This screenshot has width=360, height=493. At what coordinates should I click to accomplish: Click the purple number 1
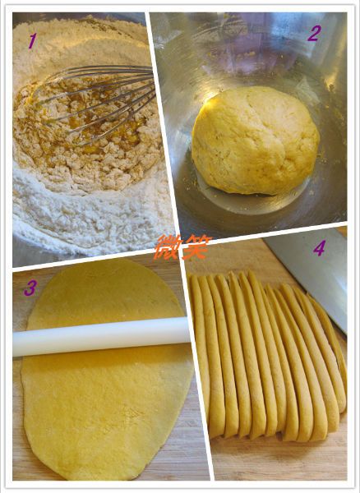pyautogui.click(x=33, y=41)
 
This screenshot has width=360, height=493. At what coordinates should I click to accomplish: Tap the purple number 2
pyautogui.click(x=314, y=34)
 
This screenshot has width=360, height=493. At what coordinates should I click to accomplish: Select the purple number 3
pyautogui.click(x=30, y=288)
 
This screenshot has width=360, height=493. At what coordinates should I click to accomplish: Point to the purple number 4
pyautogui.click(x=319, y=248)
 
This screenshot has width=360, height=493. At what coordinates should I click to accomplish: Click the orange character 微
pyautogui.click(x=168, y=247)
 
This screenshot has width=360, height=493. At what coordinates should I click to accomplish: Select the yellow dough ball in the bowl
pyautogui.click(x=256, y=140)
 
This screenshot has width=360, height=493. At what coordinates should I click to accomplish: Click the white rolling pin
pyautogui.click(x=101, y=336)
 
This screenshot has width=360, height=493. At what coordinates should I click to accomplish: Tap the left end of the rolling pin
pyautogui.click(x=15, y=344)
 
